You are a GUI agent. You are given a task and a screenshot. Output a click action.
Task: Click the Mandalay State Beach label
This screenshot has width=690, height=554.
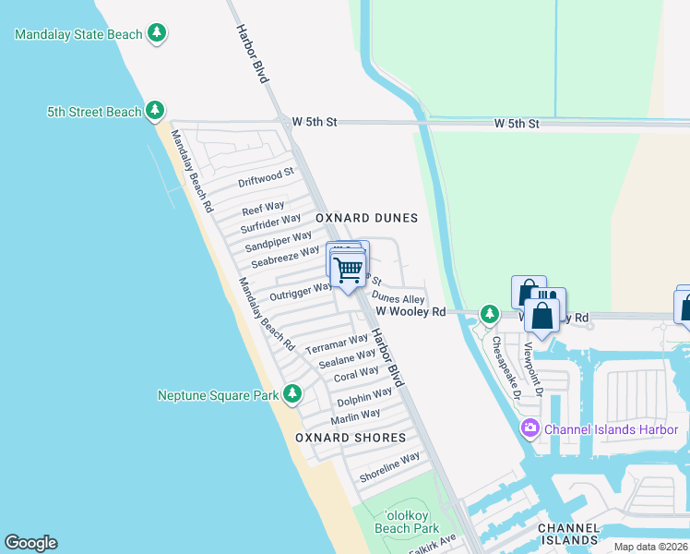[78, 34]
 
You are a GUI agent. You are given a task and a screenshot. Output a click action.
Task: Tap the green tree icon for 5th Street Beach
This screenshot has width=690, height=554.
[155, 111]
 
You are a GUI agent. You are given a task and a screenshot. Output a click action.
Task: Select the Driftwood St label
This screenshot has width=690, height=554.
[266, 176]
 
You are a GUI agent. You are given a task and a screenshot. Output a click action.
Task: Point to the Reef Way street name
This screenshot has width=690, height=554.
[263, 209]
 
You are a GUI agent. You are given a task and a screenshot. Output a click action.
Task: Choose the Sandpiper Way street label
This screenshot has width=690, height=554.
[279, 243]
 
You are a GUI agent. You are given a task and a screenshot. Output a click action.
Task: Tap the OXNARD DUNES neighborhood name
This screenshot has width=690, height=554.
[367, 219]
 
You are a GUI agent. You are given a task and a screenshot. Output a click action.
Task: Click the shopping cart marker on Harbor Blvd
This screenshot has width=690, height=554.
[349, 271]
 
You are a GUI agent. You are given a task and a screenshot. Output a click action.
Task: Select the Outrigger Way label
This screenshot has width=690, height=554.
[301, 292]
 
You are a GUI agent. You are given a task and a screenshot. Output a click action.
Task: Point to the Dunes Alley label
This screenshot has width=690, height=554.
[398, 299]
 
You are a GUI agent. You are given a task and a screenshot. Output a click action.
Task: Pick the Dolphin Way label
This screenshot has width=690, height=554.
[358, 400]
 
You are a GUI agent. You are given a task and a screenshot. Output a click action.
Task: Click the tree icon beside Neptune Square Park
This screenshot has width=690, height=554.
[292, 395]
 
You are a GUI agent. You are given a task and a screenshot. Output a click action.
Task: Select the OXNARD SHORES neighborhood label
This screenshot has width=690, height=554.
[351, 438]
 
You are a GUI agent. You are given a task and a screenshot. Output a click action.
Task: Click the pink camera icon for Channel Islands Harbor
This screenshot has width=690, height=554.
[529, 428]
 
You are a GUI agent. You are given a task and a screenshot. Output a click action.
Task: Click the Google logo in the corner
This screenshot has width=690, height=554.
[30, 543]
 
